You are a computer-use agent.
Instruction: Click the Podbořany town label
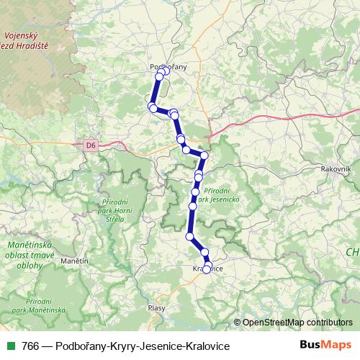pos(168,66)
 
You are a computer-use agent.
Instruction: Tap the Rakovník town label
pos(336,168)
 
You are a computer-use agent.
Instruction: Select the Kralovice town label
pos(208,269)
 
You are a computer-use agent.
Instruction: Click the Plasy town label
pos(156,307)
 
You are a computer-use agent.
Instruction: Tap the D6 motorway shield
pos(90,145)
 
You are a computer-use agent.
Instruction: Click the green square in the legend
pos(10,346)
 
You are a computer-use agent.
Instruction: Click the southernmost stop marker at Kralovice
pos(207,269)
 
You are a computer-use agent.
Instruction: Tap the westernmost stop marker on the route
pos(151,107)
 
